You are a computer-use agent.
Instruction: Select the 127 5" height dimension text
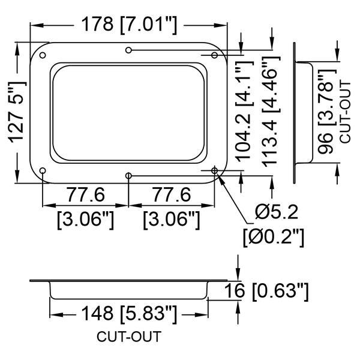(17, 112)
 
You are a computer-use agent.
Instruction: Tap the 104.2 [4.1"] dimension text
(245, 112)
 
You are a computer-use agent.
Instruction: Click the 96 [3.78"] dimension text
(326, 112)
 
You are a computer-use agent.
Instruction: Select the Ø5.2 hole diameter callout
(277, 212)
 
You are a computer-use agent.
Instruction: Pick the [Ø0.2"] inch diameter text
(274, 238)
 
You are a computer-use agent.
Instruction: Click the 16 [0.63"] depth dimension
(266, 292)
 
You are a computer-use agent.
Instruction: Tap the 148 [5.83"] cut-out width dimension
(129, 314)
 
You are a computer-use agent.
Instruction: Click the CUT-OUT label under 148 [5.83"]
(129, 337)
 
